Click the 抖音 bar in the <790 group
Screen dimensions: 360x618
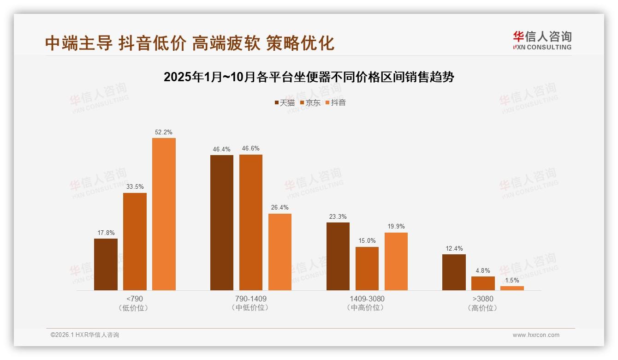[164, 214]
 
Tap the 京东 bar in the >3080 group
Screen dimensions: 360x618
[483, 283]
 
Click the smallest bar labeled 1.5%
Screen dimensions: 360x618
[512, 288]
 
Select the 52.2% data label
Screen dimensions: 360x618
[164, 132]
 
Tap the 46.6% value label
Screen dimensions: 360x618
[250, 149]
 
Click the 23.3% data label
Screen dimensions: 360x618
[338, 217]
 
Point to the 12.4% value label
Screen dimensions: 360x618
[454, 249]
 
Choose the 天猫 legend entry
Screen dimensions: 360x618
[285, 102]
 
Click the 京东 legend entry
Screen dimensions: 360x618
[310, 102]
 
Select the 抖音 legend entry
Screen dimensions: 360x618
[336, 102]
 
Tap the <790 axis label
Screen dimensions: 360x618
[134, 299]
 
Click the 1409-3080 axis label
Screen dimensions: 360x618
[367, 299]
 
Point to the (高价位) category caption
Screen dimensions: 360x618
[482, 308]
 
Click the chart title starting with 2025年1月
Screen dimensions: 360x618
[309, 77]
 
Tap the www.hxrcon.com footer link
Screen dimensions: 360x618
[536, 335]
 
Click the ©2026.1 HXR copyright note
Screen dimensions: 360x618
[85, 335]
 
